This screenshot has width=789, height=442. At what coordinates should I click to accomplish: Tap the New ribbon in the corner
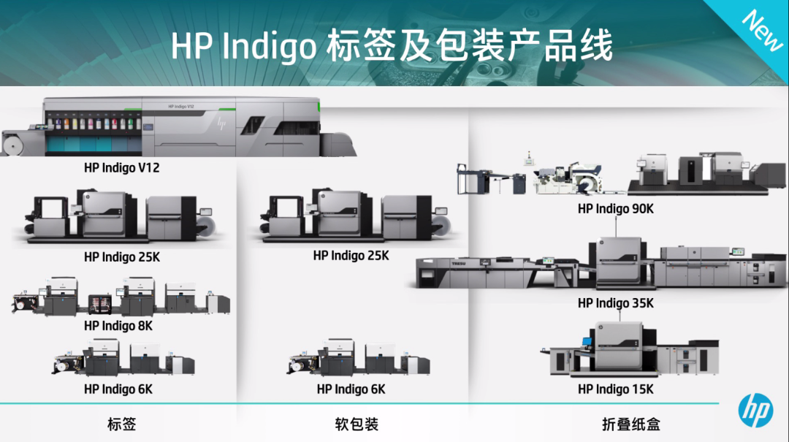[761, 30]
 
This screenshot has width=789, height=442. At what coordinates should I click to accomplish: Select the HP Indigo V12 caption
[121, 167]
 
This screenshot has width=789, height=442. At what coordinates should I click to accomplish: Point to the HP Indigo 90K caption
[615, 208]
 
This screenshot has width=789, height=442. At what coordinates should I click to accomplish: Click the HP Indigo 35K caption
[615, 302]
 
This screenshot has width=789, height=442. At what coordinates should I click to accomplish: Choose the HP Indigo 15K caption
[615, 389]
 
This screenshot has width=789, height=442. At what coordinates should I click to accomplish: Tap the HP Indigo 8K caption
[118, 326]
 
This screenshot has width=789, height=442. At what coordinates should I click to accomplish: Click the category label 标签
[121, 424]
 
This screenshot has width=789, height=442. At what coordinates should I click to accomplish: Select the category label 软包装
[357, 424]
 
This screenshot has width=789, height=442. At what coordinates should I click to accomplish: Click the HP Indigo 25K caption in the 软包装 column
[351, 256]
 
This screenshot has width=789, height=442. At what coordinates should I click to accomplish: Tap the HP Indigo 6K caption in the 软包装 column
[351, 389]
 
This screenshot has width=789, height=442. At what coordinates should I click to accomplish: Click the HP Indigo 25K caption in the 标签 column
[121, 256]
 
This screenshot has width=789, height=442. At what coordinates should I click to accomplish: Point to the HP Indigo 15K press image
[628, 349]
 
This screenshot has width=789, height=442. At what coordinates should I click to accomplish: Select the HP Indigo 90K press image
[621, 174]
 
